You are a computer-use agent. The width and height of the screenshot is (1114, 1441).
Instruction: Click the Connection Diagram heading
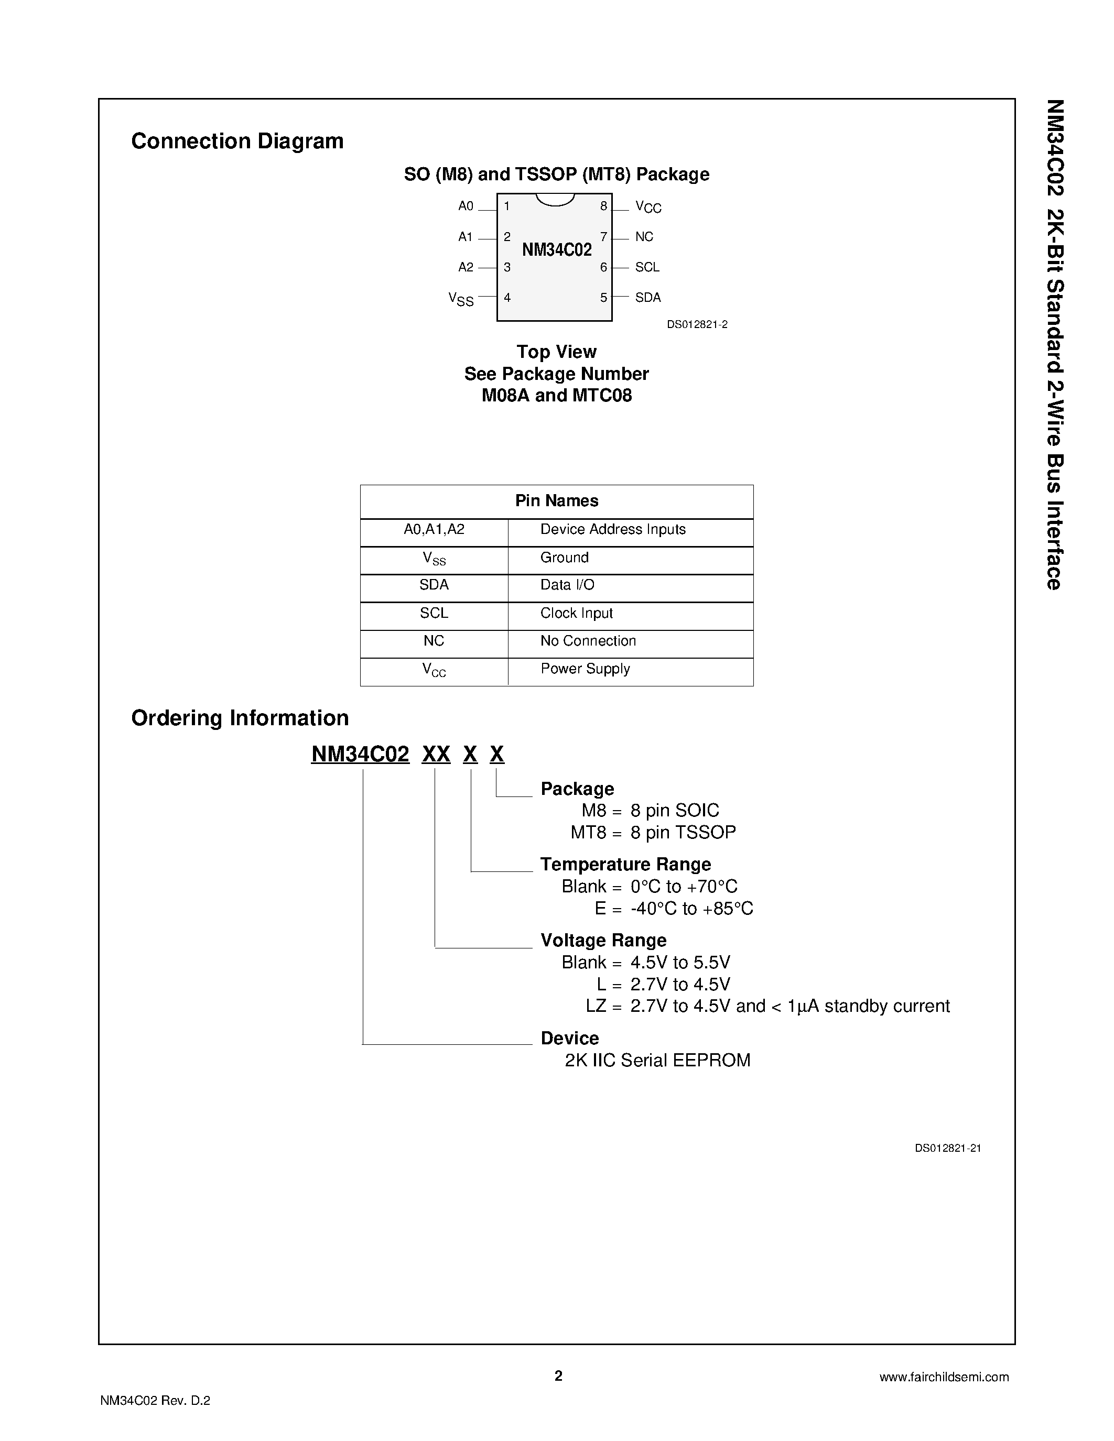(x=237, y=141)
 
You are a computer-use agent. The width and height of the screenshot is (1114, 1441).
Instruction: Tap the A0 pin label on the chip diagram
(x=466, y=206)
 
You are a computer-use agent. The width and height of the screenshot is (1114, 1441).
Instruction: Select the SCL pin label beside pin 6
(x=647, y=267)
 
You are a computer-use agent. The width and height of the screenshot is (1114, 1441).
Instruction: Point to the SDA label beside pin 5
(x=647, y=298)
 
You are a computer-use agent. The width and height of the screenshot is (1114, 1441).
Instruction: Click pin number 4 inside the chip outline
(x=507, y=298)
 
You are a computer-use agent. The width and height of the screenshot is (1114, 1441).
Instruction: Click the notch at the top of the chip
(x=555, y=199)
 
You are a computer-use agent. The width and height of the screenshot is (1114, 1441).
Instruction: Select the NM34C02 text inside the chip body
(x=556, y=250)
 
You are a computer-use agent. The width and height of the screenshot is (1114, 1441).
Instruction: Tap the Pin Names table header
(x=556, y=501)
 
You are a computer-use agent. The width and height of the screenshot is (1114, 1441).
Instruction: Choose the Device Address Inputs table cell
(x=612, y=529)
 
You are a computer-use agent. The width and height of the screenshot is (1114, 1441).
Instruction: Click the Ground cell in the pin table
(x=564, y=558)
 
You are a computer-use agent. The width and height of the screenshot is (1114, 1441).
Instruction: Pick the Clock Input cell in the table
(x=576, y=613)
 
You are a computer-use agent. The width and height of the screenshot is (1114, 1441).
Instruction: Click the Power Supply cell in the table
(x=585, y=669)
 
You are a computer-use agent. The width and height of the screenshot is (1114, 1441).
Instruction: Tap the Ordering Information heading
(x=240, y=718)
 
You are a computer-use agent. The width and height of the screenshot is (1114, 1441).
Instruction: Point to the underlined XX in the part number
(x=436, y=754)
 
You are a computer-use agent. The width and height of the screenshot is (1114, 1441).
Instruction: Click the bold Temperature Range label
(x=625, y=864)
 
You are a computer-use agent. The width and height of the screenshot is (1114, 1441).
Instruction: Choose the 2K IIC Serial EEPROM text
(x=657, y=1060)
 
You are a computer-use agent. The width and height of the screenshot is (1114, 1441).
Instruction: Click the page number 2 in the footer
(x=558, y=1375)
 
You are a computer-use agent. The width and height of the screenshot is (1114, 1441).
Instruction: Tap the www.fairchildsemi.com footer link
(x=944, y=1377)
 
